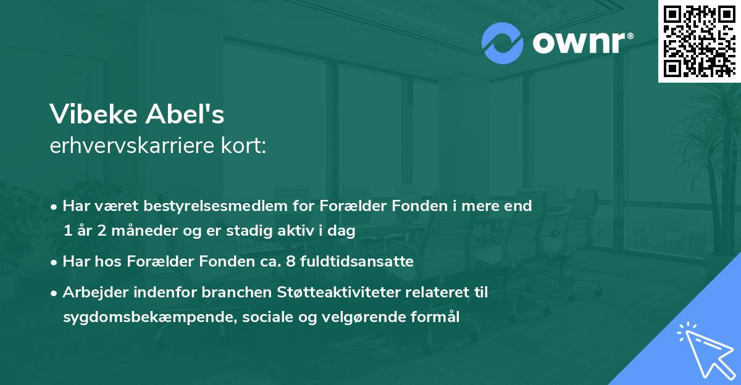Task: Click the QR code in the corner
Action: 700,41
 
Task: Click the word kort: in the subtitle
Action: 246,146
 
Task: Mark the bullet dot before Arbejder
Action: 55,293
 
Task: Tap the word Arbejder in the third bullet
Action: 92,292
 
